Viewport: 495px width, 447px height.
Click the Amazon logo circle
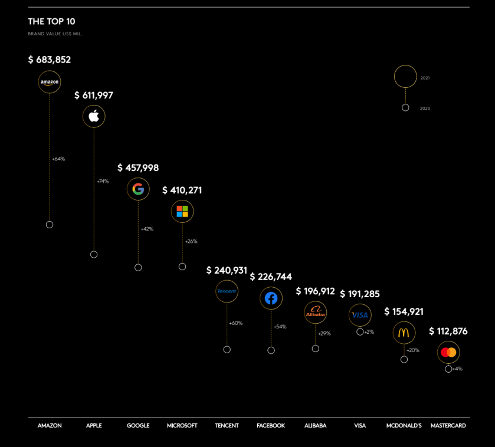[x=50, y=82]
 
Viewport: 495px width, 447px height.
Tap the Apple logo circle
[x=94, y=116]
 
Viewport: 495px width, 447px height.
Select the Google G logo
[x=138, y=189]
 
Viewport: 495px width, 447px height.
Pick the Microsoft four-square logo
[x=182, y=211]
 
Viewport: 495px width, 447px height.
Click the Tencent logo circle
[x=227, y=291]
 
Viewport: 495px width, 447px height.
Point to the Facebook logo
[x=271, y=298]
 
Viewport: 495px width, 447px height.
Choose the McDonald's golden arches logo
[x=404, y=333]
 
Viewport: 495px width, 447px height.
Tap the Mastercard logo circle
[x=448, y=353]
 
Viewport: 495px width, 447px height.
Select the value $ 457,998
[x=138, y=168]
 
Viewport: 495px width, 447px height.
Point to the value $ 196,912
[x=315, y=291]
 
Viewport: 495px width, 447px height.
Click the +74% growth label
[x=103, y=181]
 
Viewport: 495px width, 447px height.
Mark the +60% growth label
[x=236, y=323]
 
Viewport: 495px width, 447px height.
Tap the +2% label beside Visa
[x=369, y=332]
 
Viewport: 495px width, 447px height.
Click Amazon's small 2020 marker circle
[x=50, y=225]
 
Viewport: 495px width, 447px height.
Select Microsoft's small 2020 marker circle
[x=182, y=267]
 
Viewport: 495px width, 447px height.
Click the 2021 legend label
[x=425, y=78]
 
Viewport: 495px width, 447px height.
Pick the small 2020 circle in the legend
[x=405, y=108]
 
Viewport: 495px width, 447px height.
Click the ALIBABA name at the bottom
[x=315, y=426]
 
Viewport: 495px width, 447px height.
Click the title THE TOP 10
[x=51, y=22]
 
